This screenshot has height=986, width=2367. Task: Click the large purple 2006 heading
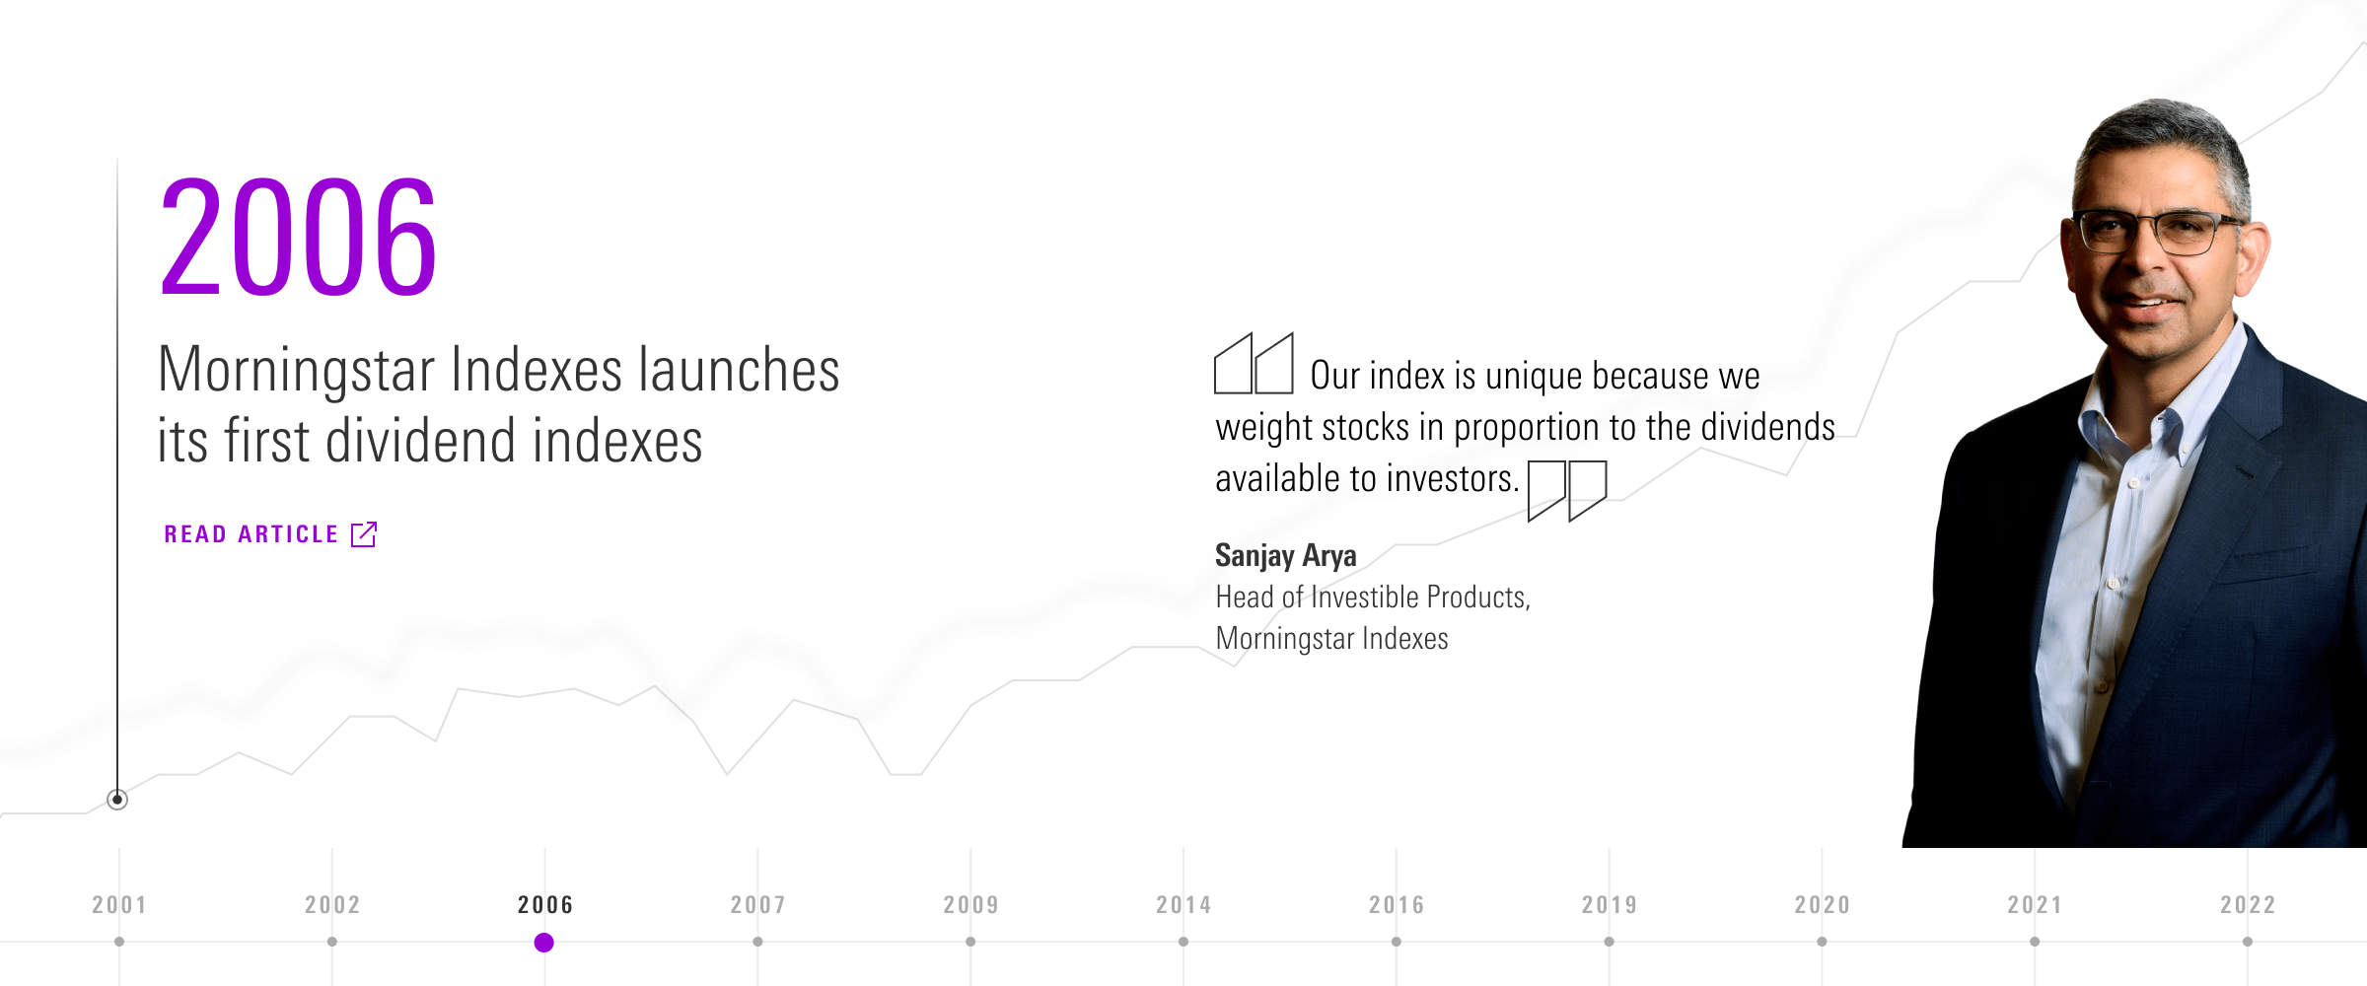tap(298, 237)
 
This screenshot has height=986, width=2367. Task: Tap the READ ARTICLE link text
tap(251, 534)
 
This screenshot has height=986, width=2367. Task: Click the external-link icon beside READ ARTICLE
tap(364, 534)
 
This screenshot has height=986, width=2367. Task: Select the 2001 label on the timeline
tap(119, 905)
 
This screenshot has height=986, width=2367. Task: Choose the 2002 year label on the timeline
tap(332, 905)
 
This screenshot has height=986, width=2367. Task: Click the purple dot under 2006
tap(543, 943)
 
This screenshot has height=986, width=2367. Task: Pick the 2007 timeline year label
tap(757, 905)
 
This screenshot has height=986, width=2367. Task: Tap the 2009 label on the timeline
tap(970, 905)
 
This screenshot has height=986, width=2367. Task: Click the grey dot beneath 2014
tap(1183, 942)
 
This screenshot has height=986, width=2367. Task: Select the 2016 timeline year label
tap(1397, 905)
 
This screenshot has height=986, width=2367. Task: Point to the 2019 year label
tap(1610, 905)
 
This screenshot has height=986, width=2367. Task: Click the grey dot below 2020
tap(1822, 942)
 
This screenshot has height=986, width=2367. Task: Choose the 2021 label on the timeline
tap(2035, 905)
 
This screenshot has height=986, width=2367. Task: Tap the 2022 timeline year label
tap(2248, 905)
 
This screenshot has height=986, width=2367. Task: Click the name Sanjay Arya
tap(1286, 556)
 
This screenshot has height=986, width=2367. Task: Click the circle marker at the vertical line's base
tap(117, 800)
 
